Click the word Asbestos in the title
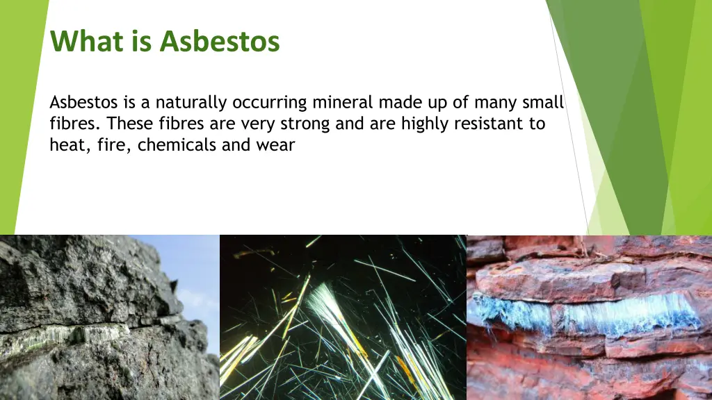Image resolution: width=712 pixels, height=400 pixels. pyautogui.click(x=219, y=42)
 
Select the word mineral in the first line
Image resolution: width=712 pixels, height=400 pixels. pyautogui.click(x=343, y=103)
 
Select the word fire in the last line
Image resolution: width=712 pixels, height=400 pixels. pyautogui.click(x=115, y=146)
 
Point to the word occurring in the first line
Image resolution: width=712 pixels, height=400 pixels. pyautogui.click(x=269, y=103)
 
